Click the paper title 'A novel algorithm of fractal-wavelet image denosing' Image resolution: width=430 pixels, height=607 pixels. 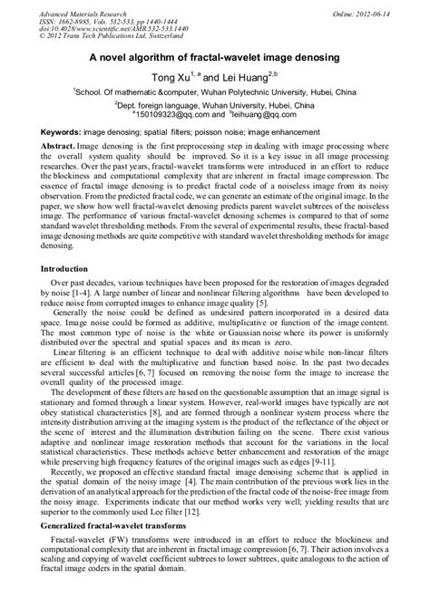[214, 57]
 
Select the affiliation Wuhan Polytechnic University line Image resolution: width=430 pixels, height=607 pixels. [214, 92]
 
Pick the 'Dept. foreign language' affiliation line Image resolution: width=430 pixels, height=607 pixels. [214, 104]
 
